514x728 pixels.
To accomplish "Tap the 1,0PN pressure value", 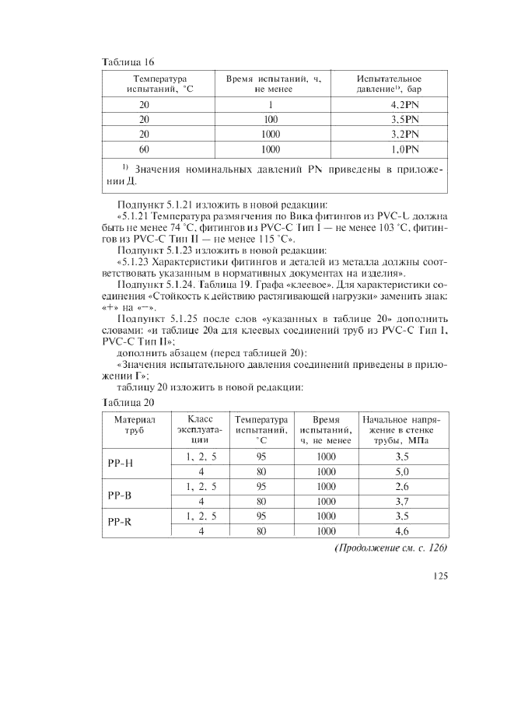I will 404,149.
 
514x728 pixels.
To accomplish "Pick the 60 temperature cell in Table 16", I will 144,149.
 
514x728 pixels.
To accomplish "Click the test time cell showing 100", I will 270,119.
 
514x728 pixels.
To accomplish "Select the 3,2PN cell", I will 404,134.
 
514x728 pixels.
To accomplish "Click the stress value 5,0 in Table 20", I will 402,471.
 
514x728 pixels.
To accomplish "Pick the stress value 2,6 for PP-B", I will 402,486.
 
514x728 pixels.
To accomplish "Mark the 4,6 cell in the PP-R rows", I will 402,531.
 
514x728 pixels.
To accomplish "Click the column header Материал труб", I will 135,425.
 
